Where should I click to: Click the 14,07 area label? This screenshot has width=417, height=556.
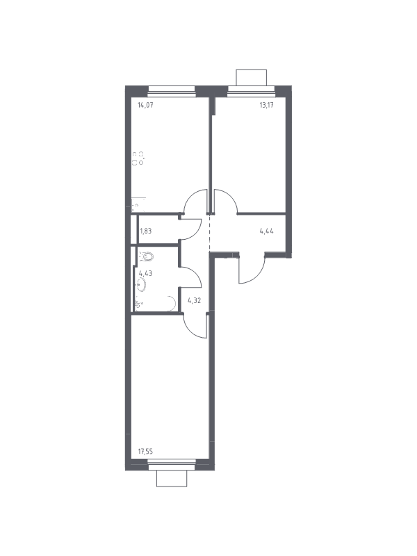tap(145, 105)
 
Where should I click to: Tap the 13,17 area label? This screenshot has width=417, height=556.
tap(266, 105)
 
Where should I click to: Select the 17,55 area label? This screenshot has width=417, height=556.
tap(145, 452)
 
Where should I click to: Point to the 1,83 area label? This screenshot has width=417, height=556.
tap(145, 231)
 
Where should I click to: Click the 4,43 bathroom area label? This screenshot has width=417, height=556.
tap(145, 273)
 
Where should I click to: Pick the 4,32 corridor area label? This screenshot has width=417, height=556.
tap(195, 300)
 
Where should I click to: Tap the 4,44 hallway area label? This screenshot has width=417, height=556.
tap(267, 231)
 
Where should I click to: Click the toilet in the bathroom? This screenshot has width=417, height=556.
tap(146, 256)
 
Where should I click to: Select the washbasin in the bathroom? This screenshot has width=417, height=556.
tap(141, 285)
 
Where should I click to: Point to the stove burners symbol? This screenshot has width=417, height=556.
tap(138, 158)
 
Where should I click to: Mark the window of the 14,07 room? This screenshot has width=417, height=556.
tap(172, 92)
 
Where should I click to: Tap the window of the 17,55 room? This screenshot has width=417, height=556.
tap(172, 464)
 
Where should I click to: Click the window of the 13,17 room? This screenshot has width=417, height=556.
tap(252, 92)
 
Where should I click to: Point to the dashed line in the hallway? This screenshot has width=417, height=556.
tap(210, 233)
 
